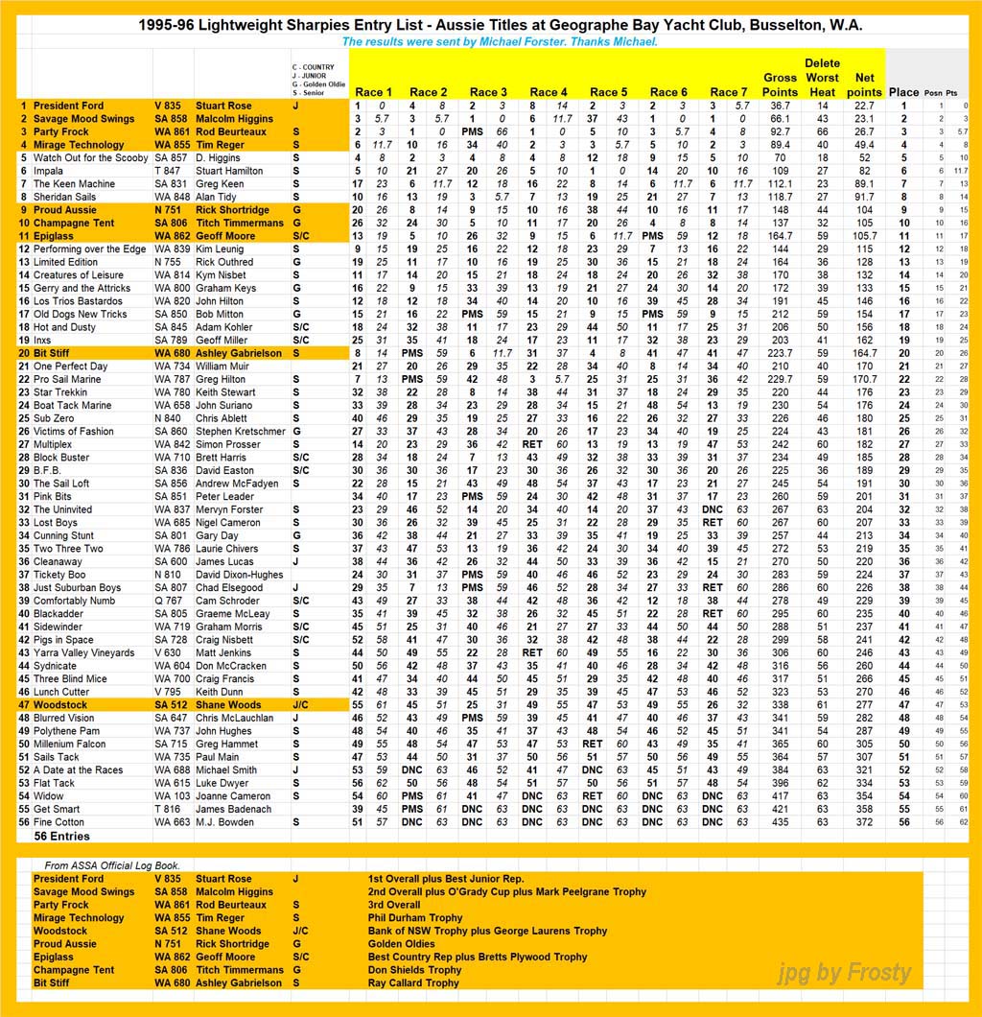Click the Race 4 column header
coord(549,92)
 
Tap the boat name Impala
coord(49,171)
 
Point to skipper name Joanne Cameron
coord(233,796)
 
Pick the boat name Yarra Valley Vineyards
coord(84,653)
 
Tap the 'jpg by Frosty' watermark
coord(843,973)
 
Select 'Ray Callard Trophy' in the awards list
coord(414,983)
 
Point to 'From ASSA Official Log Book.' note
coord(112,865)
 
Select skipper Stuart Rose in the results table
coord(223,106)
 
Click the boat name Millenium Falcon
coord(70,745)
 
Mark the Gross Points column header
coord(780,84)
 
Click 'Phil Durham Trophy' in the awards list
coord(415,918)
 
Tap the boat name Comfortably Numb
coord(74,601)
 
